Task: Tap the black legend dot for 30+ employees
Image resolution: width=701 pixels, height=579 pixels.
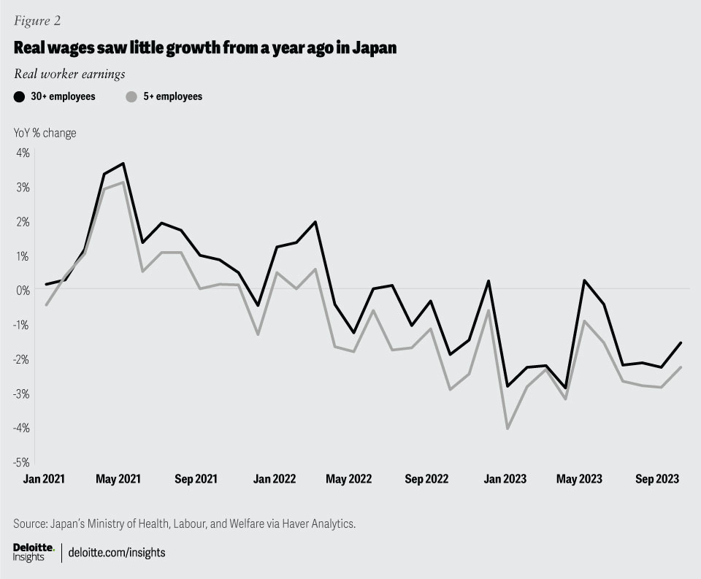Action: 20,96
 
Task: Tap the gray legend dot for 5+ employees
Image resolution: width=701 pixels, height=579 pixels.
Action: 131,96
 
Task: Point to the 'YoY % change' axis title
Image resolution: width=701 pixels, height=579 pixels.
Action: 45,133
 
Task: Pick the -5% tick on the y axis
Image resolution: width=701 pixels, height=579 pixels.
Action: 20,461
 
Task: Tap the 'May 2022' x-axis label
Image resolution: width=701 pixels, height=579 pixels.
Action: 349,479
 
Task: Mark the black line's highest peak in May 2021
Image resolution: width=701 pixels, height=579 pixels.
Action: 123,164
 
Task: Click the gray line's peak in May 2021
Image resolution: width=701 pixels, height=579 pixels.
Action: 123,182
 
